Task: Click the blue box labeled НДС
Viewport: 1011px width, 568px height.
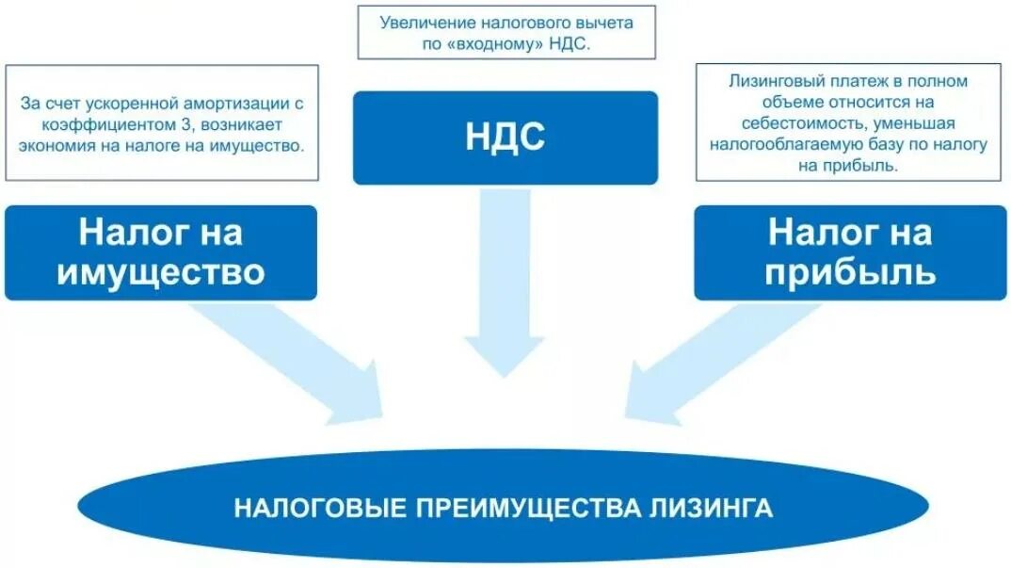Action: (505, 138)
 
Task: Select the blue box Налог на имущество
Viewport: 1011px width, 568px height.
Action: (161, 252)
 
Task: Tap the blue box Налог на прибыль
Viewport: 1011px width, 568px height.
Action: (851, 252)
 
